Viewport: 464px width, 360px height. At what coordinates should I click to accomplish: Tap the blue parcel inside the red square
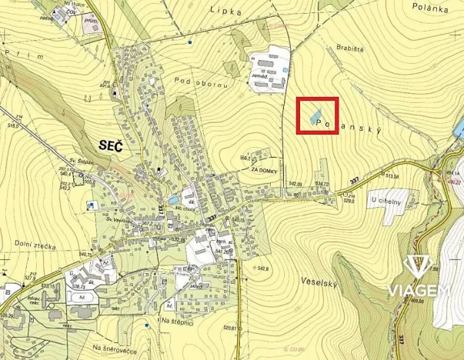pyautogui.click(x=315, y=118)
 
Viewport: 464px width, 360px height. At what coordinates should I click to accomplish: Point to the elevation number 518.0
pyautogui.click(x=13, y=125)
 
